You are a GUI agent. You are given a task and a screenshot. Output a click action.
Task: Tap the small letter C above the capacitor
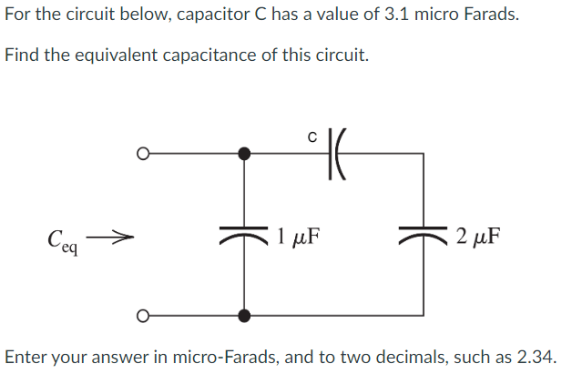coord(312,138)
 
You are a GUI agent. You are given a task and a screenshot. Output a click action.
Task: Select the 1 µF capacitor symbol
coord(243,237)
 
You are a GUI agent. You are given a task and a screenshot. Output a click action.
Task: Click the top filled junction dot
coord(243,154)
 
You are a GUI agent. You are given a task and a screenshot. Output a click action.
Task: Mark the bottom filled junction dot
coord(243,316)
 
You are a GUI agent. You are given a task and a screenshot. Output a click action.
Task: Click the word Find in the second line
coord(23,55)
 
